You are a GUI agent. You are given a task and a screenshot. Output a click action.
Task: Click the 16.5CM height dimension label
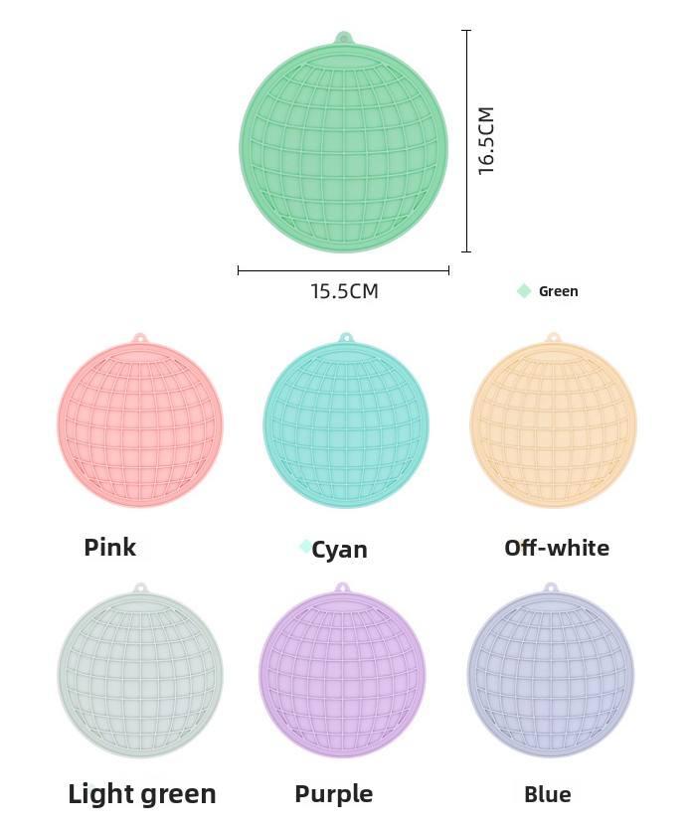pyautogui.click(x=486, y=141)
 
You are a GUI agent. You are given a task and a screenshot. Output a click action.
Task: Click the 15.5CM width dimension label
pyautogui.click(x=344, y=291)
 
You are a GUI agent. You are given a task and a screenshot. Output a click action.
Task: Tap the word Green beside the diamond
pyautogui.click(x=558, y=291)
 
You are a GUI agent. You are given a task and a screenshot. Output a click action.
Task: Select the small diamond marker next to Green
pyautogui.click(x=524, y=290)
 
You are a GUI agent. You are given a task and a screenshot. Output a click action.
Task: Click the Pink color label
pyautogui.click(x=110, y=547)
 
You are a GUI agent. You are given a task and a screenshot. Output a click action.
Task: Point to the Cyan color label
pyautogui.click(x=339, y=550)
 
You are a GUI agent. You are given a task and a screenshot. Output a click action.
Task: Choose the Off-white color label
pyautogui.click(x=557, y=548)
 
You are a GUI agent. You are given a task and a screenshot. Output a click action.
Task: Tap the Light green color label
pyautogui.click(x=142, y=794)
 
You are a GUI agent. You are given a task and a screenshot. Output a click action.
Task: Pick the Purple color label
pyautogui.click(x=334, y=794)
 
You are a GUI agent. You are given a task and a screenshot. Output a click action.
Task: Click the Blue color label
pyautogui.click(x=548, y=794)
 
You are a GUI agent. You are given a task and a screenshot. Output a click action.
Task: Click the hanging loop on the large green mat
pyautogui.click(x=344, y=38)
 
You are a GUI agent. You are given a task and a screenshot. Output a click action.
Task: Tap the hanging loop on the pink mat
pyautogui.click(x=140, y=338)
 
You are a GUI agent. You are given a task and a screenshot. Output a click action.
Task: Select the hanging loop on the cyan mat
pyautogui.click(x=346, y=338)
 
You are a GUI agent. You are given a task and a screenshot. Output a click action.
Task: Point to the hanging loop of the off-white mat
pyautogui.click(x=554, y=338)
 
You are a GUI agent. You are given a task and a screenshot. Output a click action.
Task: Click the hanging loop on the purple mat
pyautogui.click(x=342, y=588)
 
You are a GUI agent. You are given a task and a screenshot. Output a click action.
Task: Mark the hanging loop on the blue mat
pyautogui.click(x=551, y=588)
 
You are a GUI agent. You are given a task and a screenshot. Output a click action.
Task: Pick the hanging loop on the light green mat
pyautogui.click(x=140, y=588)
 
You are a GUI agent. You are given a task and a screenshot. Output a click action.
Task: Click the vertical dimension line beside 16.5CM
pyautogui.click(x=466, y=141)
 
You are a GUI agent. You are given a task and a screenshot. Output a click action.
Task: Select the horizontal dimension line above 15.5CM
pyautogui.click(x=343, y=269)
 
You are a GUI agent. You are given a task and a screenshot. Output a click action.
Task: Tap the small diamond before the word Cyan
pyautogui.click(x=305, y=547)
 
